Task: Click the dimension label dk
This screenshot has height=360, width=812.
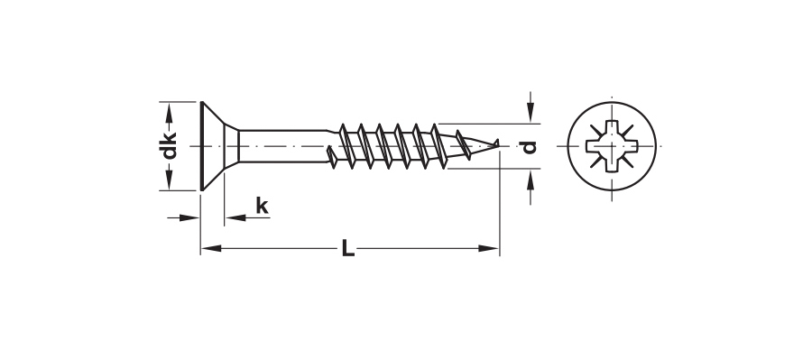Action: click(x=169, y=145)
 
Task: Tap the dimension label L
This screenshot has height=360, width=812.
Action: click(x=348, y=249)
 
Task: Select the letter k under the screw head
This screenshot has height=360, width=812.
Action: click(x=262, y=206)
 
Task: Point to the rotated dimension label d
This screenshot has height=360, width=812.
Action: click(x=528, y=147)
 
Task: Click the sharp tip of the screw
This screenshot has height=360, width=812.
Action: click(x=498, y=140)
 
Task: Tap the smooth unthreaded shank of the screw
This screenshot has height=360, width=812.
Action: click(x=282, y=146)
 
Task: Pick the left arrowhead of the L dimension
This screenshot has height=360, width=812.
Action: click(x=211, y=249)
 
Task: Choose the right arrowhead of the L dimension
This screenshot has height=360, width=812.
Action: click(x=488, y=249)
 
